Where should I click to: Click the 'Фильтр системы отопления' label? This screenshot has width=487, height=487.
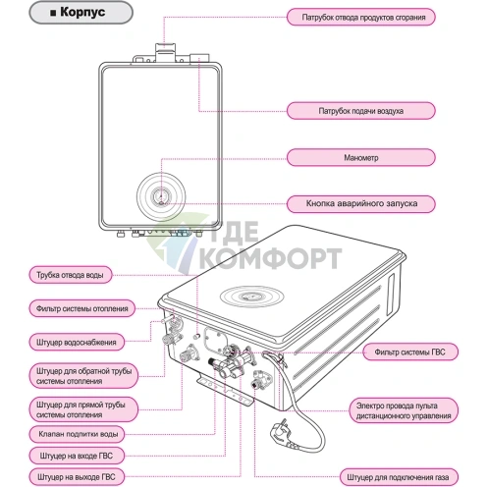76,308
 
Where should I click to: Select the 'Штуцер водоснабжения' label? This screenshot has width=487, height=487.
76,343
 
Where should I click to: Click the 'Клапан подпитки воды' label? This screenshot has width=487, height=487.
76,433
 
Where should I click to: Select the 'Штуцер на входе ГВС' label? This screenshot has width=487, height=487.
76,456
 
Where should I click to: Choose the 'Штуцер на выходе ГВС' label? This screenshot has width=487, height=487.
76,478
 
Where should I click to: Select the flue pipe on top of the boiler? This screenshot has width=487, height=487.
164,52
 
